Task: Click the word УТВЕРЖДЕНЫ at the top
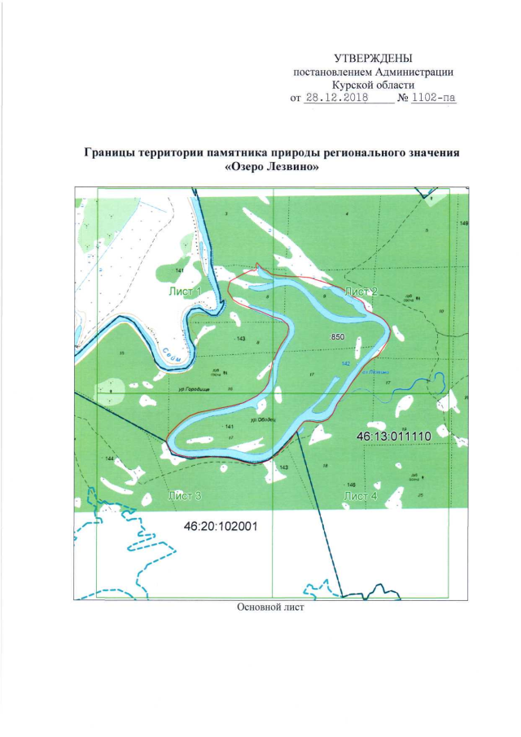click(x=373, y=58)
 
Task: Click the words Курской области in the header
click(x=374, y=85)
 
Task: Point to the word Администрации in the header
click(x=411, y=72)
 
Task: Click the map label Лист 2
click(x=361, y=291)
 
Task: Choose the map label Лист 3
click(x=184, y=495)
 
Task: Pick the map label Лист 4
click(x=361, y=495)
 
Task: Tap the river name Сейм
click(x=172, y=353)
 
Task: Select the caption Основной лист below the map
click(x=270, y=608)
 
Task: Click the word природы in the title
click(x=309, y=152)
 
